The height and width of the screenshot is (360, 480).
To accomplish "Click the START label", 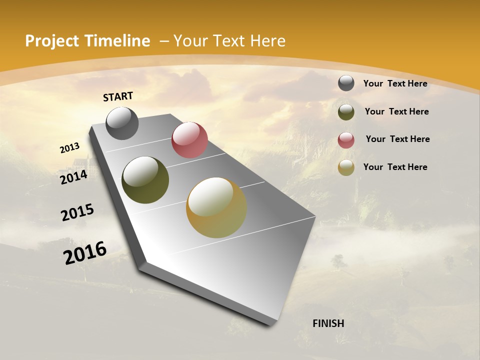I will pos(118,96).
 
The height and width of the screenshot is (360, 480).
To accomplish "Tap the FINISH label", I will pos(328,323).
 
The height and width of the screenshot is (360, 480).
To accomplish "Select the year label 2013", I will pos(69,148).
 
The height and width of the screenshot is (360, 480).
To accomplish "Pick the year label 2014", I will pos(73,177).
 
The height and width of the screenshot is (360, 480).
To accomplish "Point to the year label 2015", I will pos(77,212).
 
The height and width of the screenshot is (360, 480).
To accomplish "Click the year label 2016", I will pos(85,252).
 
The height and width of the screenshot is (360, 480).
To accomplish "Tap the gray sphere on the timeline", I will pos(122,123).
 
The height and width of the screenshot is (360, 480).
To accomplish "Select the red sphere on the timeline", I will pos(189,140).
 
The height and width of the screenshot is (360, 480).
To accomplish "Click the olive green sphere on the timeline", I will pos(145,180).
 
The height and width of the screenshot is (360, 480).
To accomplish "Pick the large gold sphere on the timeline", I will pos(216,207).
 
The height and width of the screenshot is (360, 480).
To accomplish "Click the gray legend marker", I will pos(346,83).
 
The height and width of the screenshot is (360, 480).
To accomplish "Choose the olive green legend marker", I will pos(346,112).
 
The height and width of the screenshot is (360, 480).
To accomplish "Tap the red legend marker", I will pos(346,140).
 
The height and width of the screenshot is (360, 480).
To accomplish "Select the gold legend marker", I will pos(346,167).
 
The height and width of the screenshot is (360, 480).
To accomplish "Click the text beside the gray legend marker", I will pos(395,83).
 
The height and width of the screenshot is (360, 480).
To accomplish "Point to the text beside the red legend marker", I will pos(397,139).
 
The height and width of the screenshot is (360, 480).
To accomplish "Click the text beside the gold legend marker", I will pos(395,167).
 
